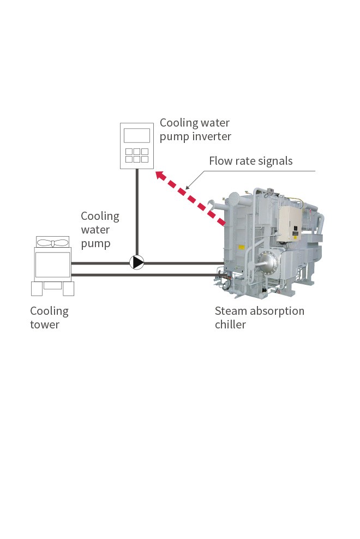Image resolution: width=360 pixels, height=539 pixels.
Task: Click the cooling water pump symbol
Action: coord(137,262)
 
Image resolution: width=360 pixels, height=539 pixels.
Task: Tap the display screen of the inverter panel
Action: coord(136,135)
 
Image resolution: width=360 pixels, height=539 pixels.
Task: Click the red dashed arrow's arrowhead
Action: coord(160,176)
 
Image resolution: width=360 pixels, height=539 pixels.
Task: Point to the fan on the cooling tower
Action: coord(52,243)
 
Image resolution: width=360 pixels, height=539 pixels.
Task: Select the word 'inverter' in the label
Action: coord(212,136)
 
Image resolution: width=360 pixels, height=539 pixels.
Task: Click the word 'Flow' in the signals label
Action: coord(220,160)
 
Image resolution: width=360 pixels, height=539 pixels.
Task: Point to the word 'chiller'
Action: coord(230,324)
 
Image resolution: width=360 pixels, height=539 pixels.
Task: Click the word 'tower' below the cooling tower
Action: coord(45,325)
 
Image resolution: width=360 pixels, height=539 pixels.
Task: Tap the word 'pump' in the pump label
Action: coord(95,244)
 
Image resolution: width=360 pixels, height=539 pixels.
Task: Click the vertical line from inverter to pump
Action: coord(137,212)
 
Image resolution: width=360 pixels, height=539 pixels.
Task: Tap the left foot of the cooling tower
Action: coord(37,289)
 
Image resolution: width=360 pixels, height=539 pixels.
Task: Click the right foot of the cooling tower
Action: coord(68,289)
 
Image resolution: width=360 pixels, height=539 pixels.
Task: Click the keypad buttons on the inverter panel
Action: coord(136,155)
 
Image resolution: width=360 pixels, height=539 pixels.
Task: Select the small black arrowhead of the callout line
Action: coord(187,188)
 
